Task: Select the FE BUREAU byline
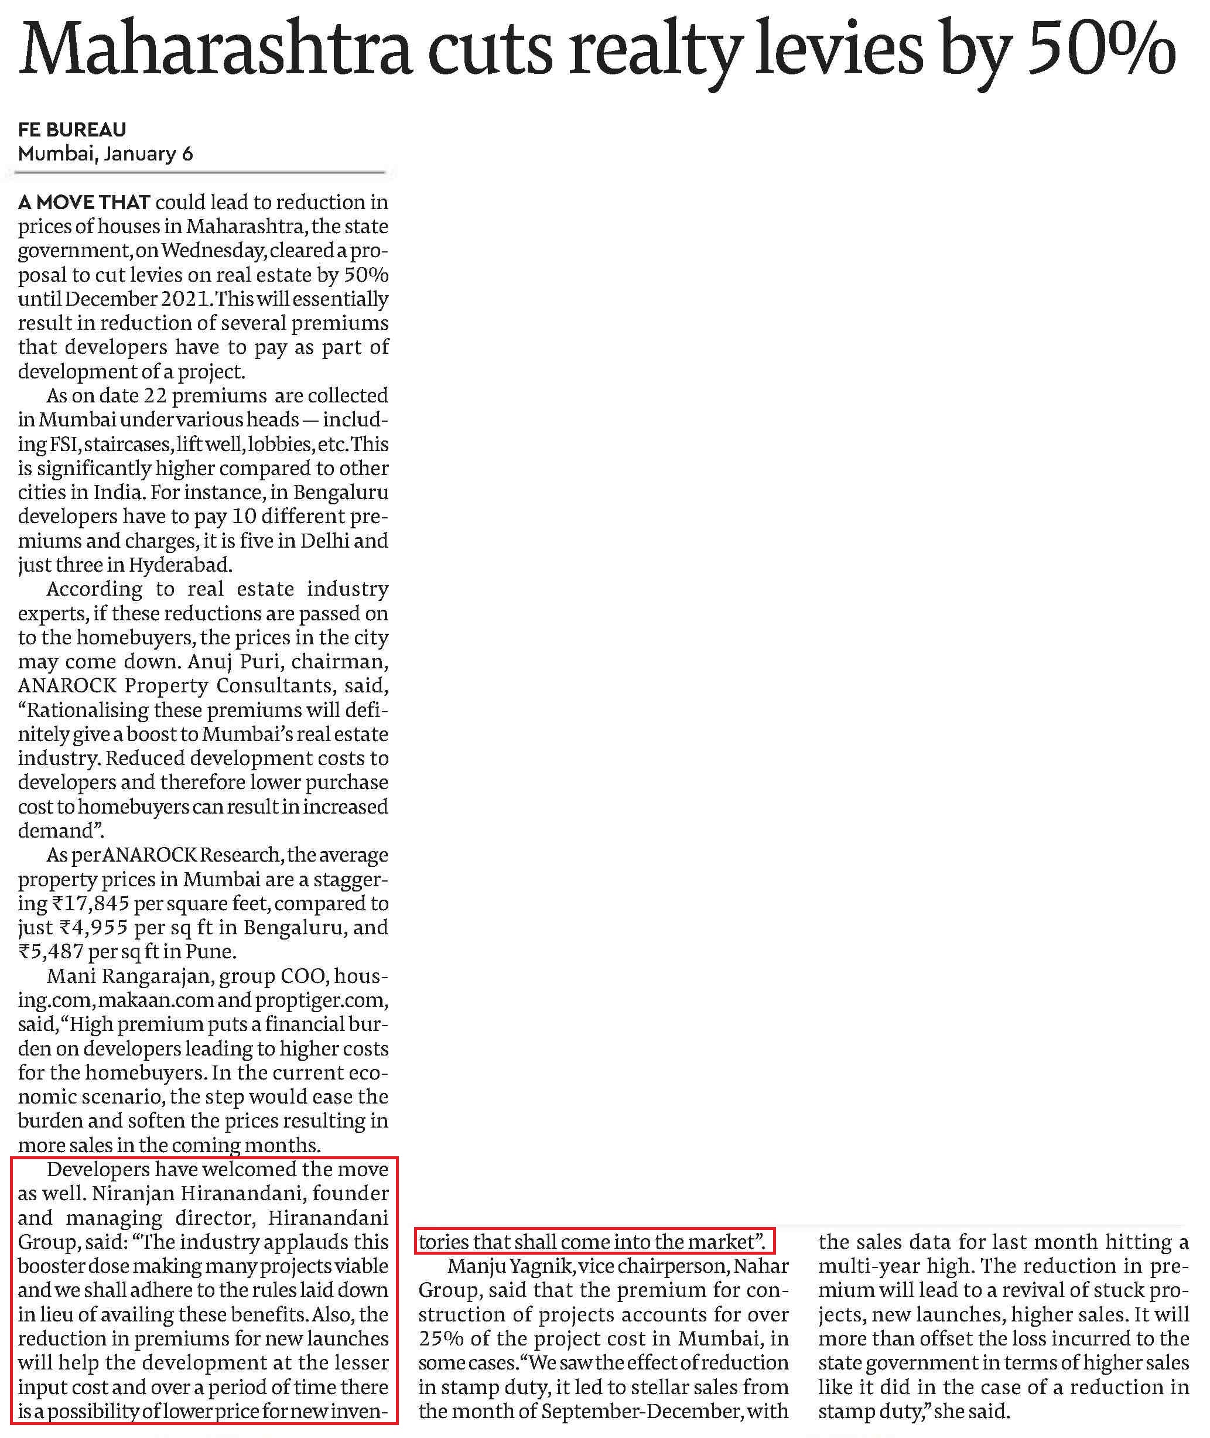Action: tap(72, 129)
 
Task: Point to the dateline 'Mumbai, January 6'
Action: tap(105, 153)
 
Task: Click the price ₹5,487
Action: tap(53, 952)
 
